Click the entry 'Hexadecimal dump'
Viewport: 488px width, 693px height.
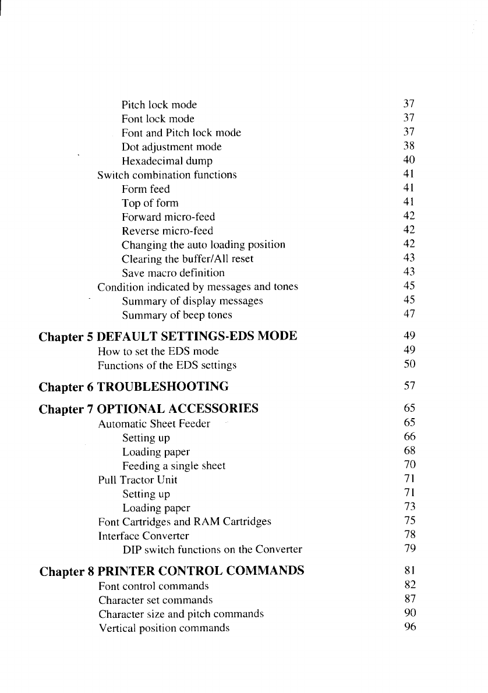click(x=167, y=161)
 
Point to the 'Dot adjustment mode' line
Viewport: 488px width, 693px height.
click(x=171, y=147)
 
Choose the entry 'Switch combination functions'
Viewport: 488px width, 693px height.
click(x=167, y=175)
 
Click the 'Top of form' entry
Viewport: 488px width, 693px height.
click(x=150, y=203)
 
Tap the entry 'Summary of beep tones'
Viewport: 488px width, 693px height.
click(x=176, y=315)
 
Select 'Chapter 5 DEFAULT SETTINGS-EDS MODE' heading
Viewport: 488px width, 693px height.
click(x=168, y=337)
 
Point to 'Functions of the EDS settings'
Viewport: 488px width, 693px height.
click(x=167, y=365)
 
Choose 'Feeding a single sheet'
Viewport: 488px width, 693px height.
click(x=173, y=466)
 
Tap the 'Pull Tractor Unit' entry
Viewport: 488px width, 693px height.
click(x=137, y=480)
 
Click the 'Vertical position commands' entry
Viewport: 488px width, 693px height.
click(x=163, y=628)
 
